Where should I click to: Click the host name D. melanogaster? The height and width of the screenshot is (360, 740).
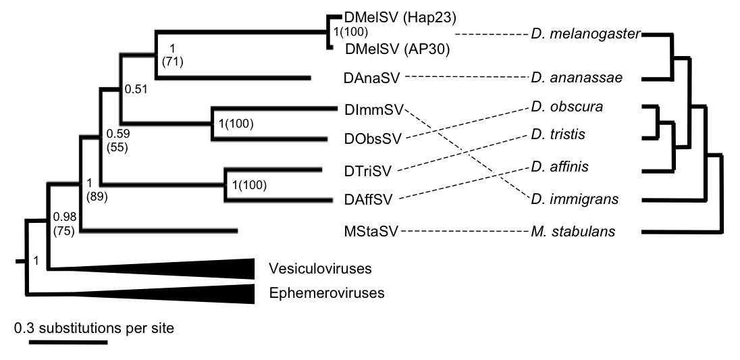585,34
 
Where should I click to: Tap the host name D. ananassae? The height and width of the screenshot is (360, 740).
575,78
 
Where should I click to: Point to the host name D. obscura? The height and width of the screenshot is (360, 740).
566,107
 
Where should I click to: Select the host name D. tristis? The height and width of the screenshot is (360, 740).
557,136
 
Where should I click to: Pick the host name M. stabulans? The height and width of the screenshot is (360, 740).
573,232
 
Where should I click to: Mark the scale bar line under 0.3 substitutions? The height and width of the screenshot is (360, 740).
68,342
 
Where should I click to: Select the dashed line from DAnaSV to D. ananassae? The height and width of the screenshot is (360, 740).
467,78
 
